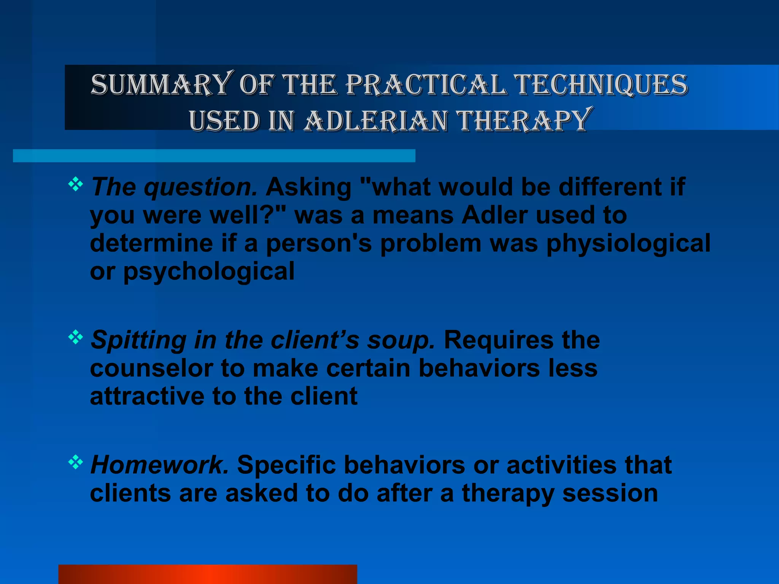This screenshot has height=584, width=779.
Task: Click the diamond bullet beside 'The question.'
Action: [75, 184]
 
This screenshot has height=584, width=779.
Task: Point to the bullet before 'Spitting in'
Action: [75, 337]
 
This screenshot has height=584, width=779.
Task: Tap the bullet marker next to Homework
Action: [75, 462]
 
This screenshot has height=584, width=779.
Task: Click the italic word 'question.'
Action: [200, 188]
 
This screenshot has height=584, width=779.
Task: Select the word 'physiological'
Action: [628, 243]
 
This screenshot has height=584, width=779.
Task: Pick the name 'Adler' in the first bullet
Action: [494, 216]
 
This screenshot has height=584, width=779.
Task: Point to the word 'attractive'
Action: [147, 397]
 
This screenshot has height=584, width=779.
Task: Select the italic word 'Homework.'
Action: [159, 465]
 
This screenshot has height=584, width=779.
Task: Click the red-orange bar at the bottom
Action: [208, 574]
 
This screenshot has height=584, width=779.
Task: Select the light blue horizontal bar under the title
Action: [214, 156]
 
